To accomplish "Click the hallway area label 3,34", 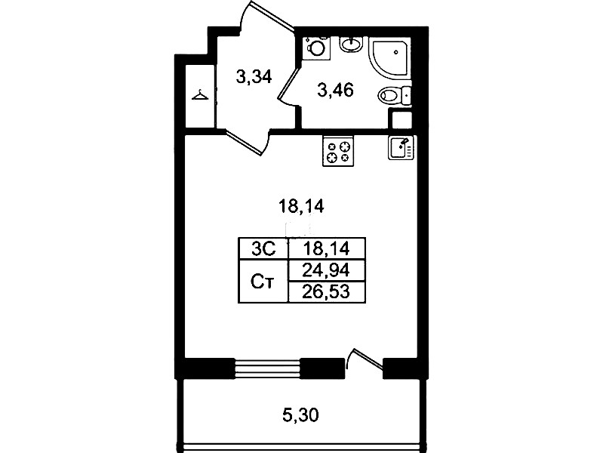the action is (x=254, y=77).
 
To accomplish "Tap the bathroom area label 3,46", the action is (x=335, y=91).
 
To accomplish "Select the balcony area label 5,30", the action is (x=300, y=415).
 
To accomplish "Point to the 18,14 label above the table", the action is (x=301, y=207).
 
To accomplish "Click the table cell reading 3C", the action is (x=263, y=249).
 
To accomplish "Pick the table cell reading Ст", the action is (x=263, y=282).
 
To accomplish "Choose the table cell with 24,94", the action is (x=326, y=270).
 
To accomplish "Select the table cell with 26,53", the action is (x=326, y=292).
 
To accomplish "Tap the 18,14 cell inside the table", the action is (x=326, y=249).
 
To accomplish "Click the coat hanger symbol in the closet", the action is (x=200, y=95).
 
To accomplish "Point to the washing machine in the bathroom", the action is (x=316, y=48).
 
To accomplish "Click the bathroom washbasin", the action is (x=351, y=45).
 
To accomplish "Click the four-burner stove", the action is (x=338, y=152).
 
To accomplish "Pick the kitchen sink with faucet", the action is (x=401, y=147).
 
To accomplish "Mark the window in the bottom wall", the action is (x=267, y=368).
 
